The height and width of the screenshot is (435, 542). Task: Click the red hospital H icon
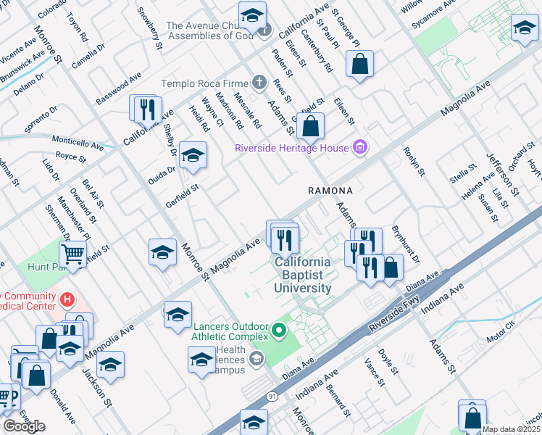67,299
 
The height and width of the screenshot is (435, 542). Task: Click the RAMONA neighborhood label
330,191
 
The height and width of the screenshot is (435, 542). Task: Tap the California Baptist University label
302,275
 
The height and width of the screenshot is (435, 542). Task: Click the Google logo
24,426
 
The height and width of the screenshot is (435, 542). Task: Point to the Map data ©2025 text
511,429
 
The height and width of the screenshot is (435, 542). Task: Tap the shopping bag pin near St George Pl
359,65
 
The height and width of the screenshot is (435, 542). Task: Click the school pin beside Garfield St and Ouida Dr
193,155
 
